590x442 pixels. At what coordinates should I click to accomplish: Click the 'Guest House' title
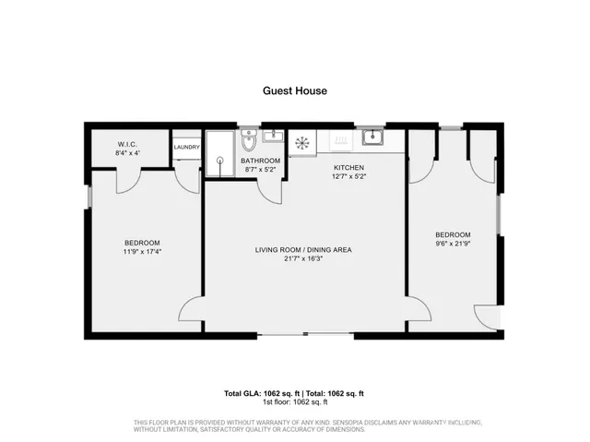coord(295,91)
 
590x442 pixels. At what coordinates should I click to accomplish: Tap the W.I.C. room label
coord(127,144)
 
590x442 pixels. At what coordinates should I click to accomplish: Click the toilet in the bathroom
coord(247,142)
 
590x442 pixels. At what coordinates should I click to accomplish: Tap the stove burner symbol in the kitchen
coord(301,142)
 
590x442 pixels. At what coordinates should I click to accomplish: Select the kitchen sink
coord(373,138)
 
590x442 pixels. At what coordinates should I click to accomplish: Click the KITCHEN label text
coord(348,167)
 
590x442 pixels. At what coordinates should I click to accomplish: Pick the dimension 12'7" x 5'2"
coord(348,175)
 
